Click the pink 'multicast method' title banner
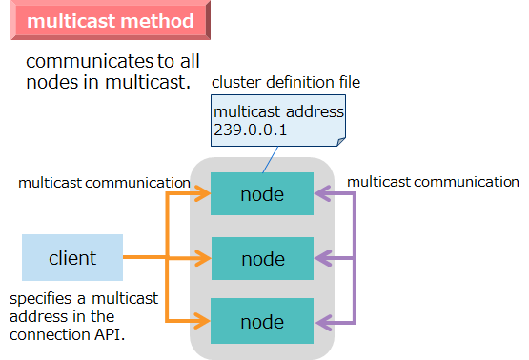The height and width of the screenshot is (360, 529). pos(111,21)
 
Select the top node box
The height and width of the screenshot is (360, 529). pos(262,194)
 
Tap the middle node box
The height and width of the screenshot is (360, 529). pos(262,258)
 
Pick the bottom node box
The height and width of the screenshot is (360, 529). pos(262,322)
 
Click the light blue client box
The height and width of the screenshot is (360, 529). pos(72,258)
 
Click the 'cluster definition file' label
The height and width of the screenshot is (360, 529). pos(286,82)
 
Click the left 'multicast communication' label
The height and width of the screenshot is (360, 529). pos(104,182)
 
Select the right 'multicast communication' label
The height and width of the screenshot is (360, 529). pos(433,181)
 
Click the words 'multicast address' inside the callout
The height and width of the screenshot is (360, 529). pos(278,111)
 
